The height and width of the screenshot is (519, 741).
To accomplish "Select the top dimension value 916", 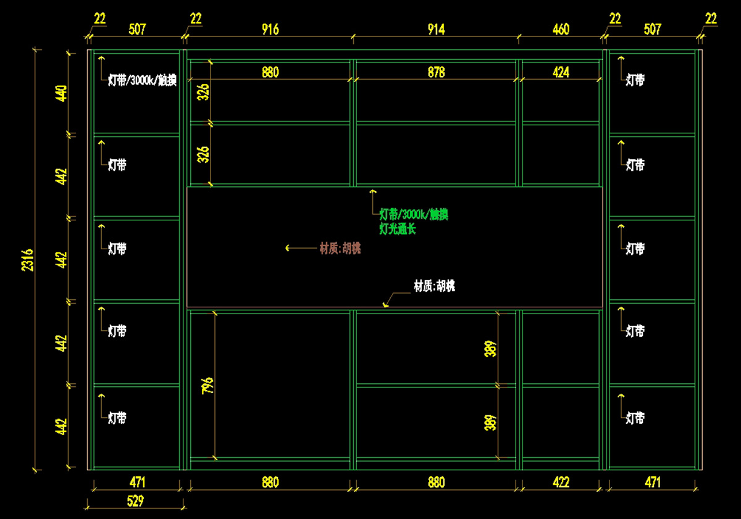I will [x=270, y=29].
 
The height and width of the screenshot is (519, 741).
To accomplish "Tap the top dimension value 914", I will [x=436, y=29].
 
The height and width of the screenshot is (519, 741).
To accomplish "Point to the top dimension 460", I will [x=561, y=29].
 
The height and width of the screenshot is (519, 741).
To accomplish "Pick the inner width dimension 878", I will [x=436, y=72].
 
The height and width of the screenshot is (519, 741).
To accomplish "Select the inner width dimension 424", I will [x=561, y=72].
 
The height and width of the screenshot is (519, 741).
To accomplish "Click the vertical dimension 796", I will [x=207, y=386].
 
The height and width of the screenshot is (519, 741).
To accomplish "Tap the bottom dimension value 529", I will [x=135, y=500].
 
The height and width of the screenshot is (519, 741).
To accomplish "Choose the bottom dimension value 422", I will [x=561, y=482].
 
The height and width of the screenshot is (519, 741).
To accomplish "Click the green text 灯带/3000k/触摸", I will [x=413, y=215].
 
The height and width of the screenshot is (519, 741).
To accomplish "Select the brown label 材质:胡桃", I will [x=340, y=248].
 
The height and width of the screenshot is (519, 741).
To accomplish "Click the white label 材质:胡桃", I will [x=434, y=286].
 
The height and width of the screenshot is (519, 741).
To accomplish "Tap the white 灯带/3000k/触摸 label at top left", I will [x=142, y=80].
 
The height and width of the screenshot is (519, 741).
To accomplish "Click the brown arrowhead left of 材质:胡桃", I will [x=287, y=248].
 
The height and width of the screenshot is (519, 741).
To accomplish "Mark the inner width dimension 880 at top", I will [x=270, y=72].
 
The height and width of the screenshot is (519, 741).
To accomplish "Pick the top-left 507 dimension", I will [x=136, y=29].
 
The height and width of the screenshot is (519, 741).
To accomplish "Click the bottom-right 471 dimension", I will [x=652, y=482].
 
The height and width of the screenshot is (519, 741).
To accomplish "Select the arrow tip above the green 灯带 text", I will [x=372, y=192].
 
